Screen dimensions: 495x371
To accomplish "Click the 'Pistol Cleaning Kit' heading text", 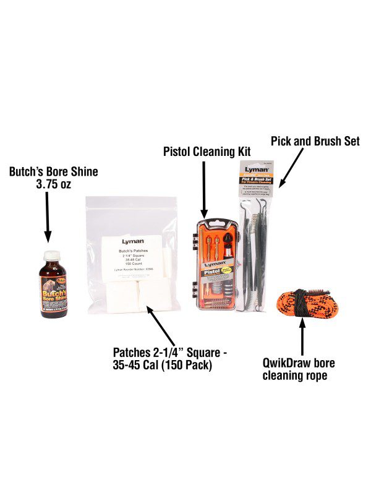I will click(x=203, y=151).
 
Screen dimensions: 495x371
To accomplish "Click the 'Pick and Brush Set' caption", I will click(x=315, y=142).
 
